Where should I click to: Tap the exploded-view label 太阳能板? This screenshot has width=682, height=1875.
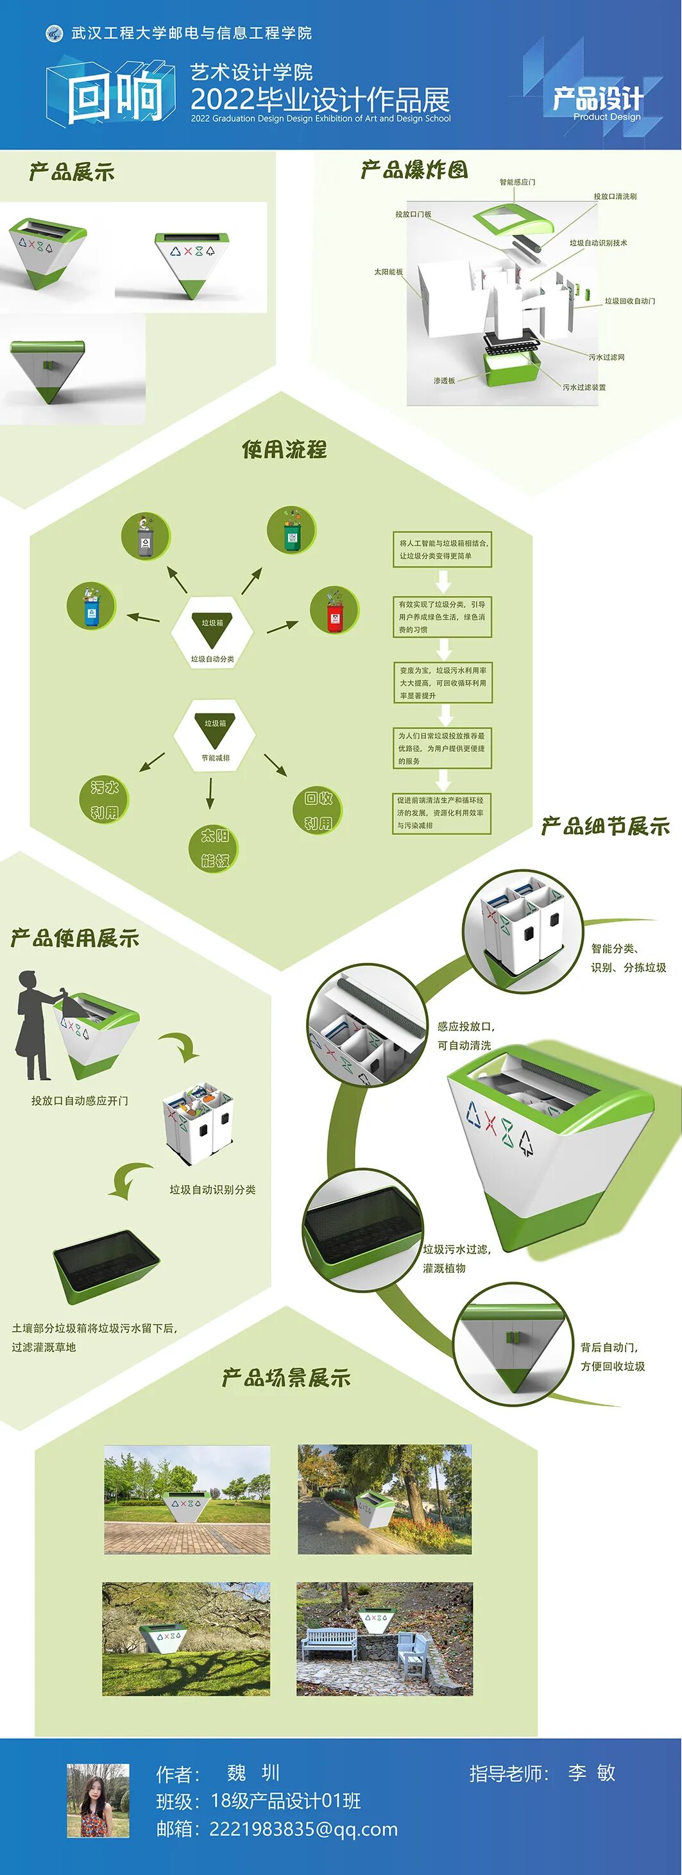(388, 271)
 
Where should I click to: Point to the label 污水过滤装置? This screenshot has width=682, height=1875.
(584, 387)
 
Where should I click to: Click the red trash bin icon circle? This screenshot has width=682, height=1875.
(334, 610)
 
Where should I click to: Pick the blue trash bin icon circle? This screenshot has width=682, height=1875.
(91, 606)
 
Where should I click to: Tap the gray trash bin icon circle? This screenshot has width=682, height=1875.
(146, 536)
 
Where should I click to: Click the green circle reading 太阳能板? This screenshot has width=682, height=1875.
(215, 848)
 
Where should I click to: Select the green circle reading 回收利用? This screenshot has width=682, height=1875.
(318, 810)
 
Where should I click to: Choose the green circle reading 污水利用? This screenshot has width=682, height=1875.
(104, 799)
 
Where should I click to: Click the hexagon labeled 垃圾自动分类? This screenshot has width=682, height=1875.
(212, 632)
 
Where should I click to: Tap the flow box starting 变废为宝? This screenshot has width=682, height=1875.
(443, 683)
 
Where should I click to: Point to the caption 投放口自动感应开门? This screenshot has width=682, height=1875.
(80, 1101)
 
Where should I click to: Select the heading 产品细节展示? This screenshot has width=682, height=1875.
(605, 826)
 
